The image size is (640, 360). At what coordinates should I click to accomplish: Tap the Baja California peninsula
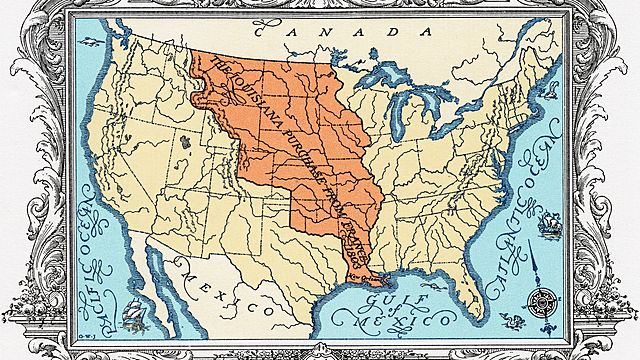pos(151,270)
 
